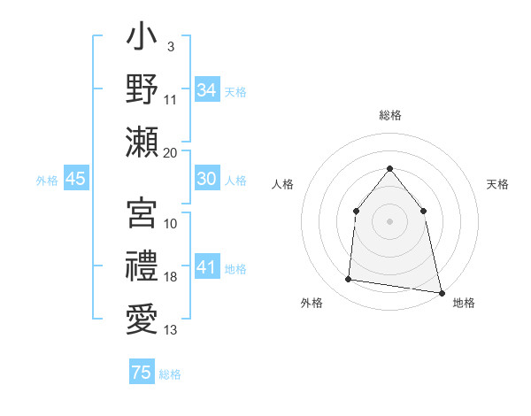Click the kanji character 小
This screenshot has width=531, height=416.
point(142,40)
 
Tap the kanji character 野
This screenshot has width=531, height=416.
point(142,89)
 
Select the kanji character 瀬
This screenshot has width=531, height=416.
point(142,142)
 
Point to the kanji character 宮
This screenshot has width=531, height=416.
point(142,213)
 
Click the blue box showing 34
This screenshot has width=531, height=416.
point(206,90)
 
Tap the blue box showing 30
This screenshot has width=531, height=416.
point(206,179)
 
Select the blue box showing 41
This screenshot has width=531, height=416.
point(206,267)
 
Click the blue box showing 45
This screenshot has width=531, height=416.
point(75,179)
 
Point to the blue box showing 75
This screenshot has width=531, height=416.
point(141,373)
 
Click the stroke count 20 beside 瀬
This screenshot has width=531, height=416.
point(170,153)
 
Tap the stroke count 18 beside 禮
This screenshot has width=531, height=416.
point(170,277)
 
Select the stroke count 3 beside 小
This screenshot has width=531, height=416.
point(170,46)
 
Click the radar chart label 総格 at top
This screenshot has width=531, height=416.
point(389,115)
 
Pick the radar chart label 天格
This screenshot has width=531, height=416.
point(497,184)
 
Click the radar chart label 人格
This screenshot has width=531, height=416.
point(282,184)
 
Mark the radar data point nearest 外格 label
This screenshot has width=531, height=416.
point(349,280)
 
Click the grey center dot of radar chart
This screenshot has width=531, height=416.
point(389,220)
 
